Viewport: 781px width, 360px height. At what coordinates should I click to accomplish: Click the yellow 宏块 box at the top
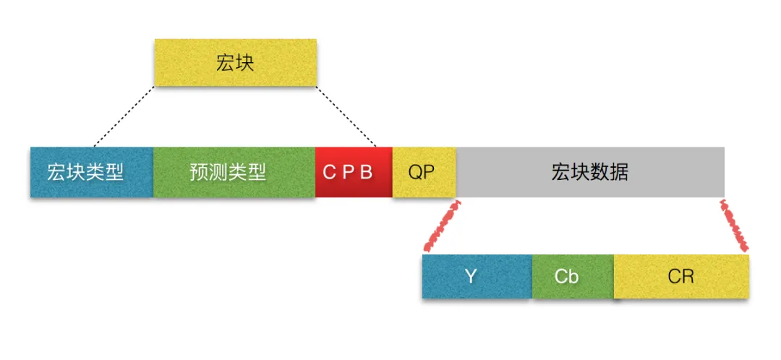[x=236, y=63]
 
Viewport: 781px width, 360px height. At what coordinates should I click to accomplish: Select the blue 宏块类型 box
[x=92, y=172]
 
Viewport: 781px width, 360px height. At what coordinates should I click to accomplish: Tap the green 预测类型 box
[x=234, y=172]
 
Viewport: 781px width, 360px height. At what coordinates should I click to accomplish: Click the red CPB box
[x=354, y=172]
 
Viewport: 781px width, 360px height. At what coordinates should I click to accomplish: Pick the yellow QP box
[x=424, y=172]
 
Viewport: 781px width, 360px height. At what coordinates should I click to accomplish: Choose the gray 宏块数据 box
[x=590, y=172]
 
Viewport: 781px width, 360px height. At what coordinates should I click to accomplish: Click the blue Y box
[x=477, y=276]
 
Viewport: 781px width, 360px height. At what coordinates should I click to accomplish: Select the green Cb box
[x=573, y=276]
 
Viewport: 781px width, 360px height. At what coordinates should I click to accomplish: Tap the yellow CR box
[x=681, y=276]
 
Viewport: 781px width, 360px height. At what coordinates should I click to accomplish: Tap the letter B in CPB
[x=367, y=172]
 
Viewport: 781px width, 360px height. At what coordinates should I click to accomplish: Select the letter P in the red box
[x=348, y=172]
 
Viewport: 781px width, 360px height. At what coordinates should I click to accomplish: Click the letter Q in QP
[x=415, y=172]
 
